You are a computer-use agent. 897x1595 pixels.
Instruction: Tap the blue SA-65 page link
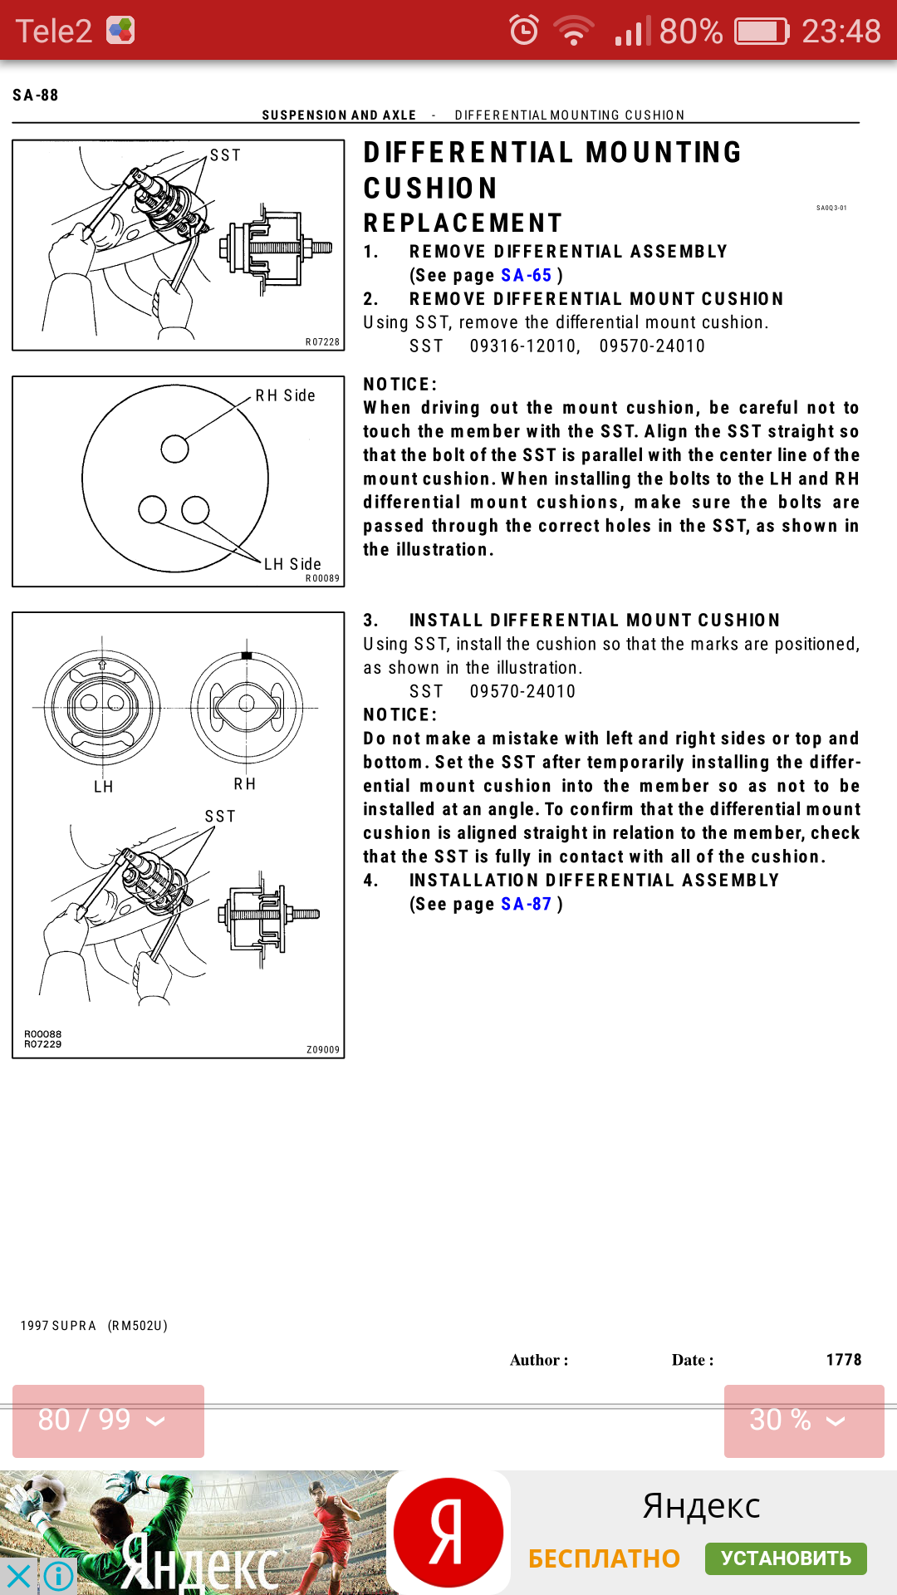point(526,276)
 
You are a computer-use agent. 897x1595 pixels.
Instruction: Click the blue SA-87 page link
point(526,905)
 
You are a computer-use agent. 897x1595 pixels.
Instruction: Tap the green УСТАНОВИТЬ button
point(786,1558)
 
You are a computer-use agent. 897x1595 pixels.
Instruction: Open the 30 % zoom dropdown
point(803,1421)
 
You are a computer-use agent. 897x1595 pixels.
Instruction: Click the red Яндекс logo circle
point(448,1533)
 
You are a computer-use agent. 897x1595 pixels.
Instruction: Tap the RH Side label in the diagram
point(285,396)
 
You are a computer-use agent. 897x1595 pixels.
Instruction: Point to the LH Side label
point(292,565)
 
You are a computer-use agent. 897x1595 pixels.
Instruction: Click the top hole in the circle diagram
point(174,449)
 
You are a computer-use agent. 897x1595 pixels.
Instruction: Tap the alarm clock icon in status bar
point(524,31)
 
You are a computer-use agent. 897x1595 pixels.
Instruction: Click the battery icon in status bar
point(762,32)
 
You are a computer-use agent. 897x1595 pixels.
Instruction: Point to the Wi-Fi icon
point(574,32)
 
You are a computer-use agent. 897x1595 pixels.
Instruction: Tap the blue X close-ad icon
point(17,1575)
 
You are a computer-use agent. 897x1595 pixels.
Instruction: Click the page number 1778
point(843,1360)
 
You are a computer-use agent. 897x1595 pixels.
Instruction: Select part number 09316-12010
point(524,346)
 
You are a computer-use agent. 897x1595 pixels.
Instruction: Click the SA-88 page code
point(36,96)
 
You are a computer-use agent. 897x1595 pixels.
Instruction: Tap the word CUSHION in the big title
point(430,189)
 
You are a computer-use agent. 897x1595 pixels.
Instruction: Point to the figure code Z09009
point(323,1050)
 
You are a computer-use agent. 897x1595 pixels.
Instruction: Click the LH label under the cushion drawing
point(103,787)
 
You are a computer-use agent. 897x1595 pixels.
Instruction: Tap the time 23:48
point(841,32)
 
